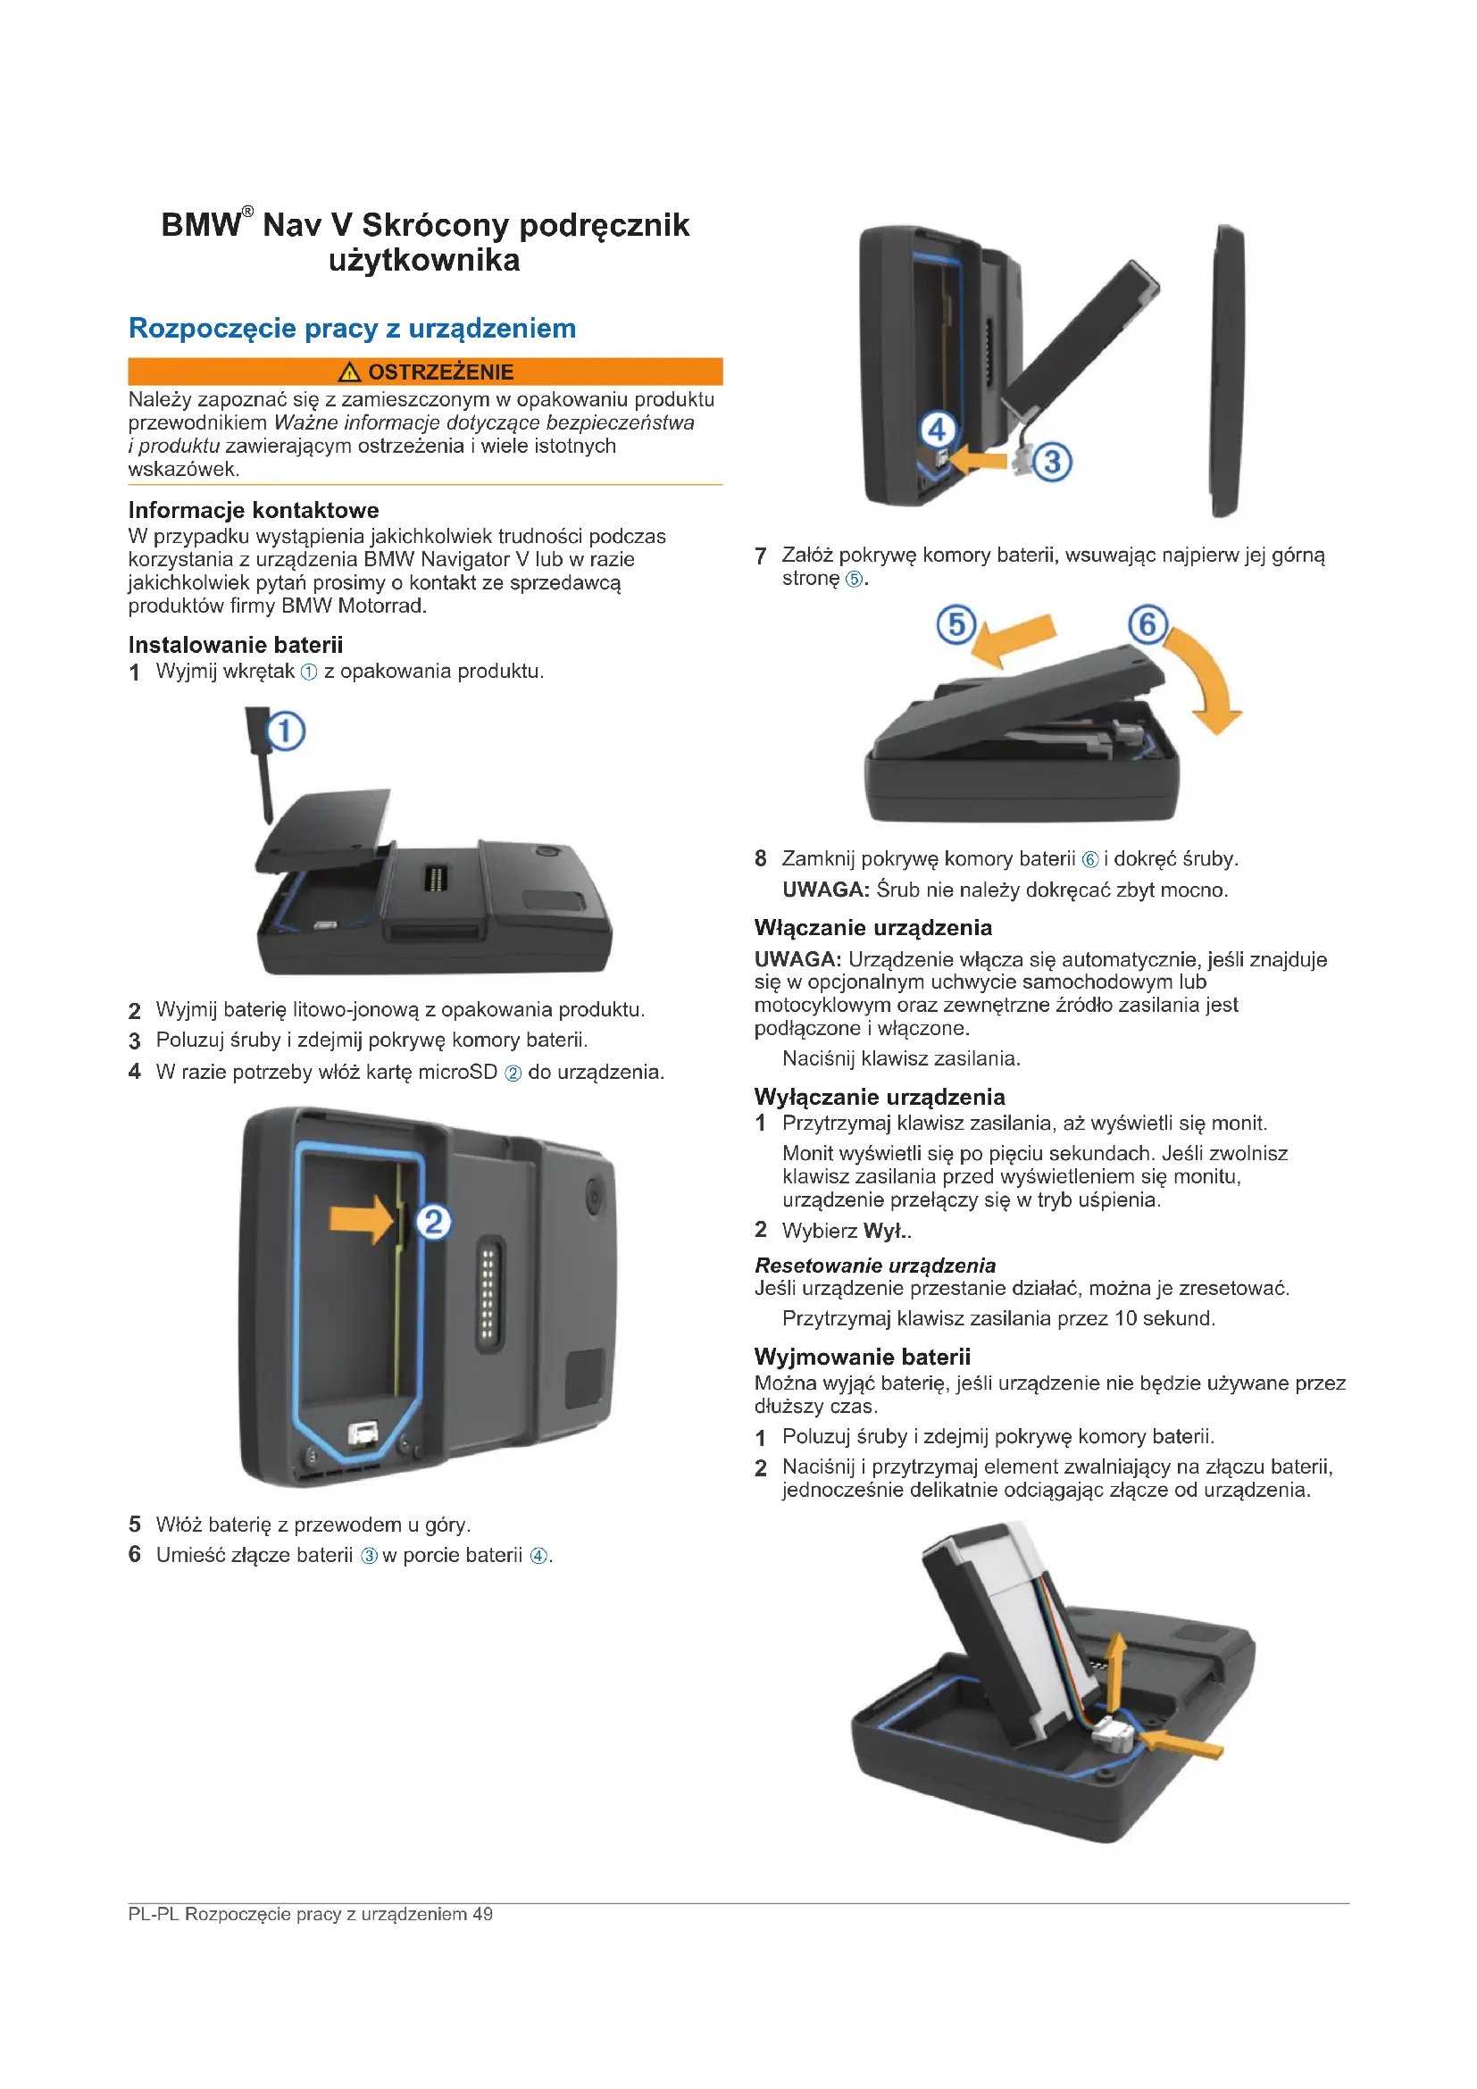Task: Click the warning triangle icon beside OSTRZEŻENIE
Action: (349, 372)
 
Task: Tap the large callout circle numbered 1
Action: (286, 731)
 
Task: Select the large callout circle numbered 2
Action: (434, 1221)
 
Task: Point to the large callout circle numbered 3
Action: (1052, 461)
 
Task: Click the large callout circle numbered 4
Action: (938, 429)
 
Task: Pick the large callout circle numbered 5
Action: (955, 625)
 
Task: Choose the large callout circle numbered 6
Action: (1147, 624)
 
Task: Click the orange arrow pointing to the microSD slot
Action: (361, 1218)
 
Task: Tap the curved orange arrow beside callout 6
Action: (1205, 682)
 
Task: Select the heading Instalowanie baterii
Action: (236, 645)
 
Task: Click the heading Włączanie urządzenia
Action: (872, 927)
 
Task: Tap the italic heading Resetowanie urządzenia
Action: (875, 1265)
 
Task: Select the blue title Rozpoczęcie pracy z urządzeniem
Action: (352, 328)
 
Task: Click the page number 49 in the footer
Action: (482, 1913)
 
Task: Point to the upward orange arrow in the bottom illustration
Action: (1114, 1668)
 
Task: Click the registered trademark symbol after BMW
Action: (247, 211)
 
